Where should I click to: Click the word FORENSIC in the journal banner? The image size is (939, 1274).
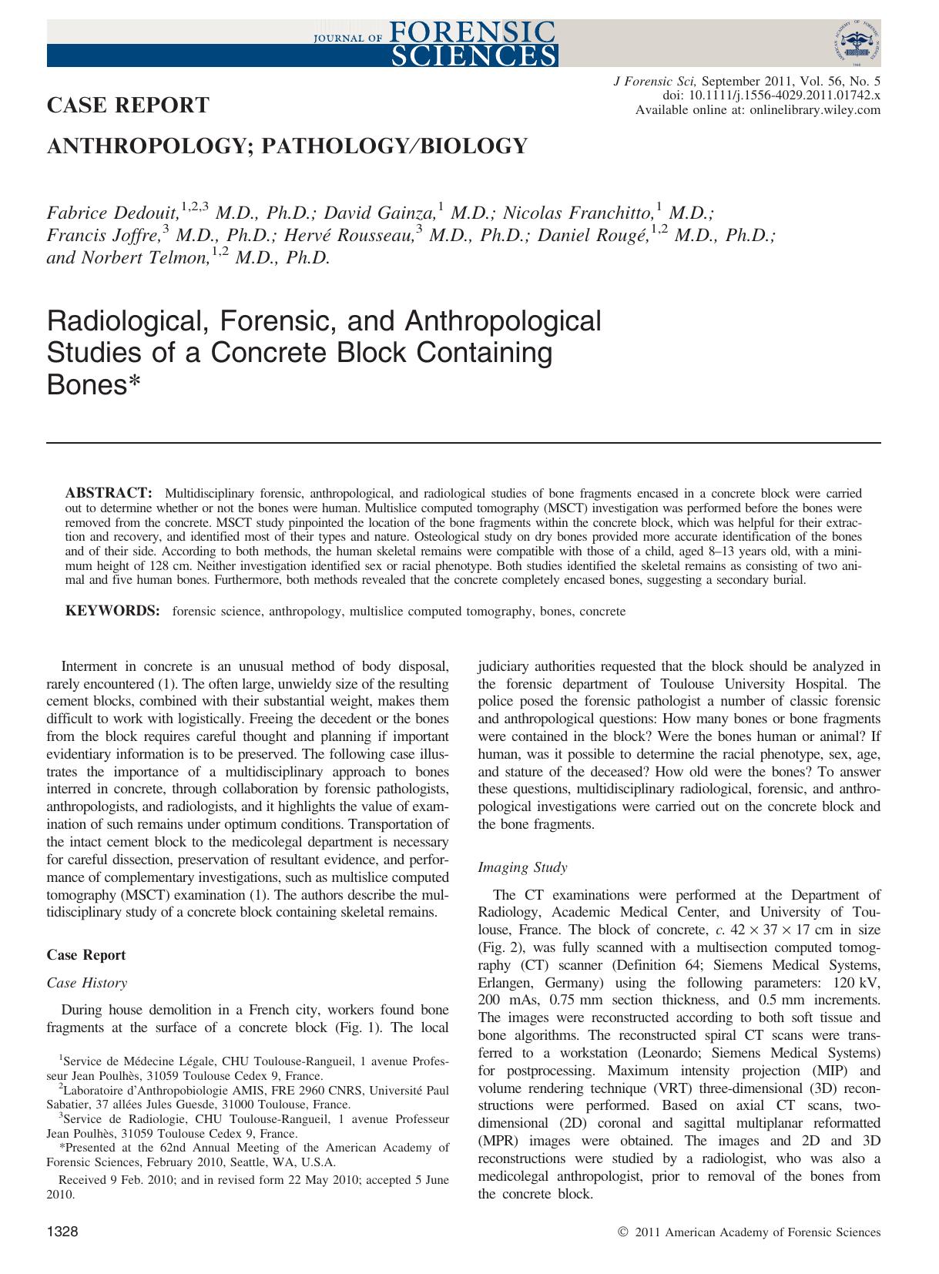click(474, 31)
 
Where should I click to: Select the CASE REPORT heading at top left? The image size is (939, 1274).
click(128, 106)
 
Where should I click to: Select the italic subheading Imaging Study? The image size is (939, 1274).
click(522, 867)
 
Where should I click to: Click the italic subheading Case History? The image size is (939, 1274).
click(87, 983)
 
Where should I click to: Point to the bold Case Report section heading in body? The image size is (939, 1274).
click(86, 955)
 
